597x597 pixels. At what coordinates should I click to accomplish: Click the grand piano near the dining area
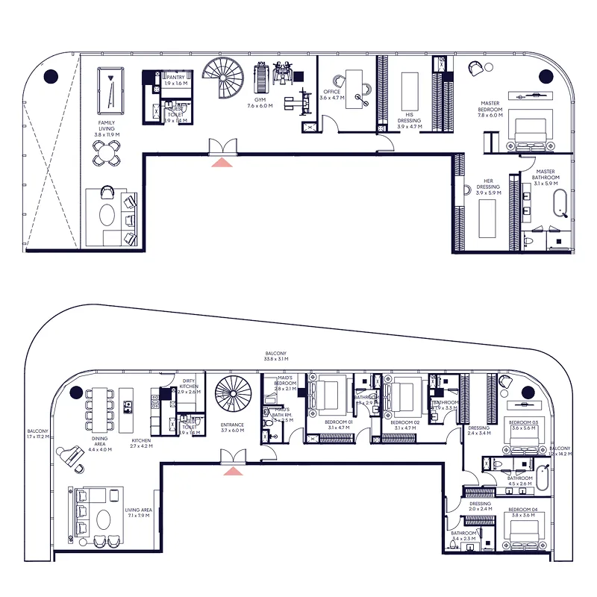(x=75, y=456)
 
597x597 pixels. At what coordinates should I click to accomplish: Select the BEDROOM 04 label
(x=523, y=511)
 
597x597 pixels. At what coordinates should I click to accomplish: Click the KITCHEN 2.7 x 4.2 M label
(x=141, y=443)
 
